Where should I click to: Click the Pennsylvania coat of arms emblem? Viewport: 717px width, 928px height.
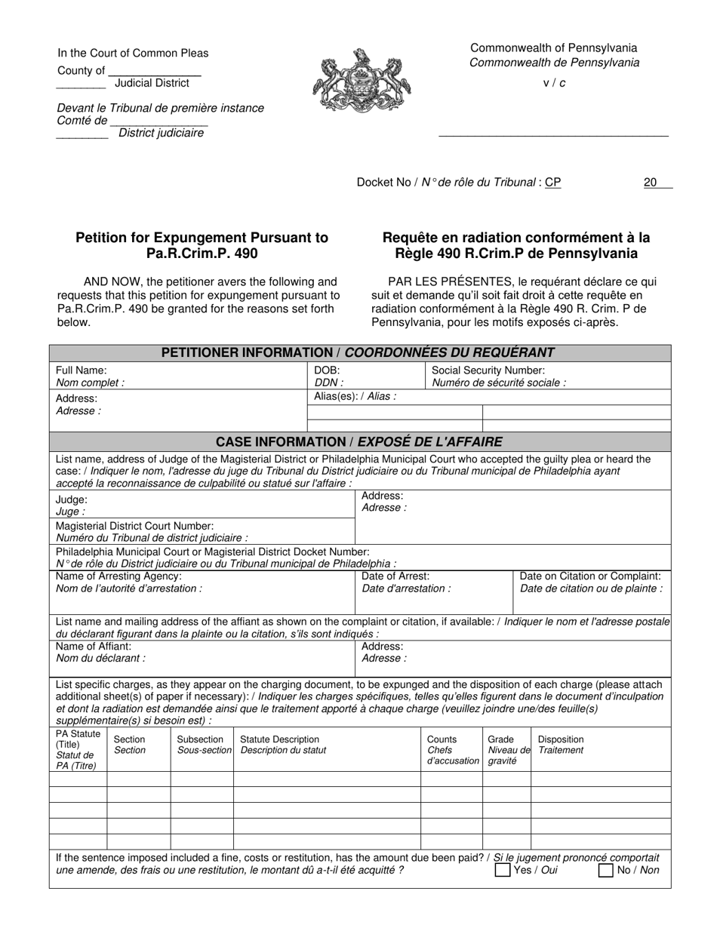pyautogui.click(x=358, y=81)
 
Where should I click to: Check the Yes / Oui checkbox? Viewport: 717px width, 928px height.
pyautogui.click(x=503, y=870)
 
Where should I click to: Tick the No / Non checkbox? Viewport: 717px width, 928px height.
pyautogui.click(x=605, y=870)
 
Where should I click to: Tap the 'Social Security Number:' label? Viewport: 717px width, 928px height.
pyautogui.click(x=488, y=370)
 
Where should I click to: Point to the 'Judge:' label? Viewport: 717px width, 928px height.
pyautogui.click(x=72, y=499)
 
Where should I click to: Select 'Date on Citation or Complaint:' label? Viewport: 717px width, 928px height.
pyautogui.click(x=591, y=576)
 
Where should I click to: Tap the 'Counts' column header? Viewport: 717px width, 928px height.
pyautogui.click(x=442, y=739)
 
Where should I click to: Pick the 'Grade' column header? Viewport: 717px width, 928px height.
pyautogui.click(x=501, y=739)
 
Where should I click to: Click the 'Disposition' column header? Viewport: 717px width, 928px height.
pyautogui.click(x=560, y=739)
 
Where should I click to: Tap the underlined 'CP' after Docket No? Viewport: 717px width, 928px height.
pyautogui.click(x=552, y=182)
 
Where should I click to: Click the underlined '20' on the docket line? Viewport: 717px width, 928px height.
pyautogui.click(x=650, y=182)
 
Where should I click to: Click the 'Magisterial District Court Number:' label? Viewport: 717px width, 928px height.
pyautogui.click(x=135, y=525)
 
